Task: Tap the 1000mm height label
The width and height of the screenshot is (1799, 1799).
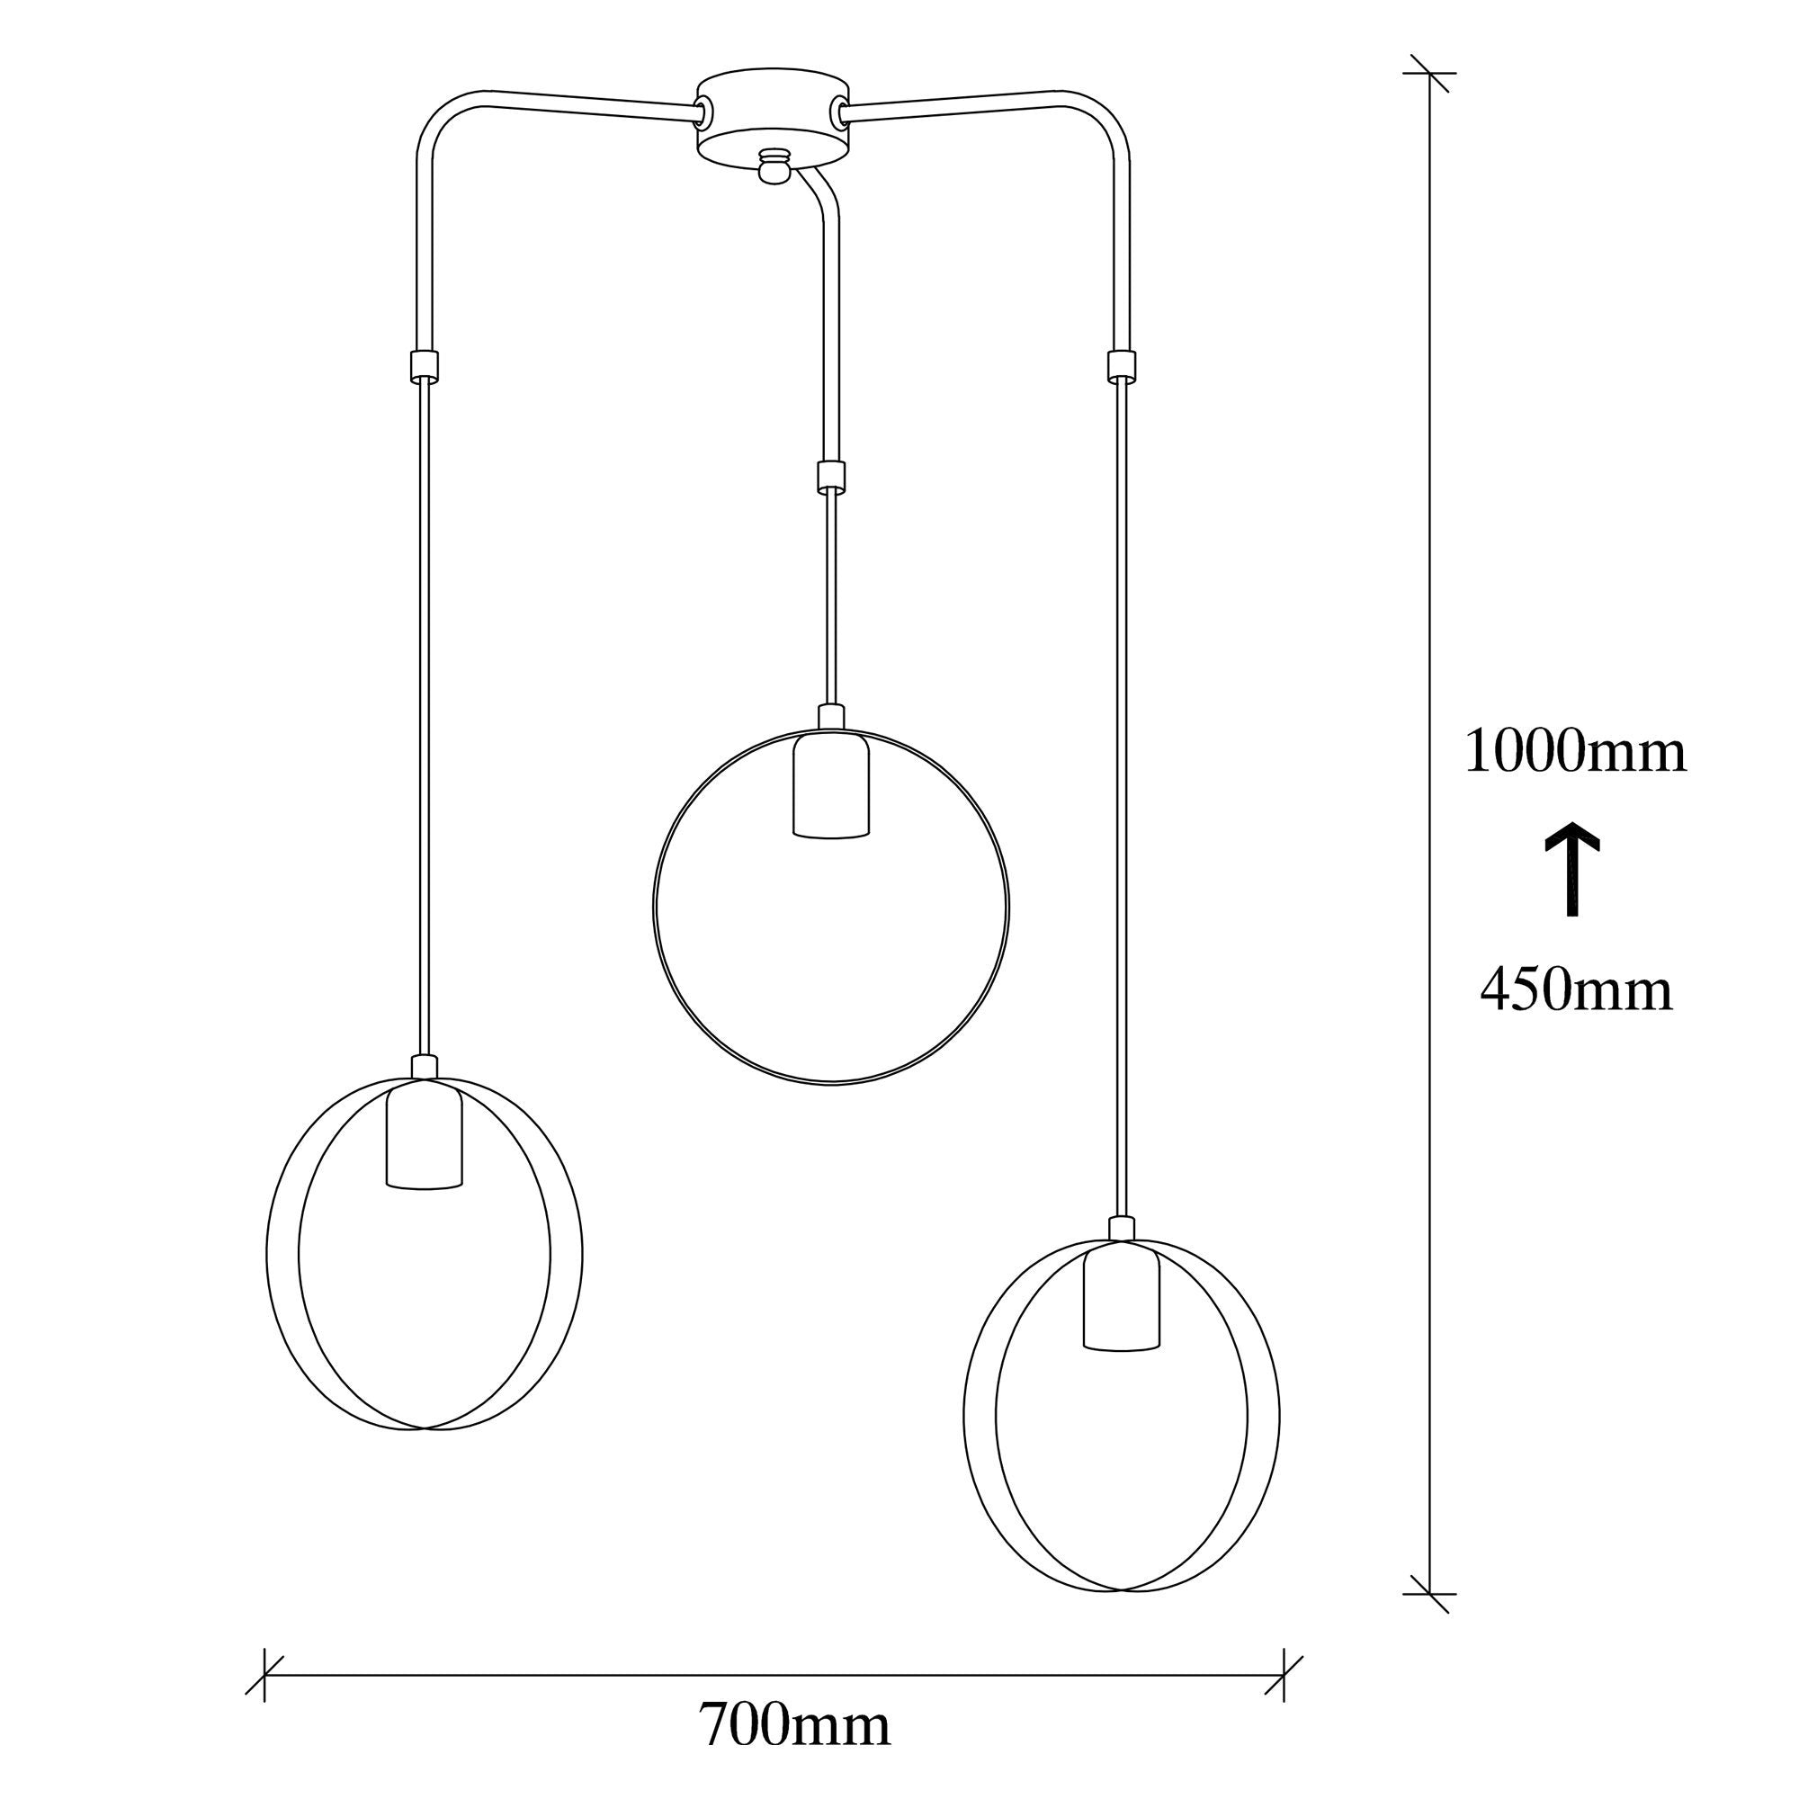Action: [x=1576, y=751]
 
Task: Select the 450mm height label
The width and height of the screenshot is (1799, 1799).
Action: [x=1577, y=989]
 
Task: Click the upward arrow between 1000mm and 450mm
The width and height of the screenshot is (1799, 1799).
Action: [x=1572, y=869]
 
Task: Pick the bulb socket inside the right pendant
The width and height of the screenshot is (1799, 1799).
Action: [x=1122, y=1293]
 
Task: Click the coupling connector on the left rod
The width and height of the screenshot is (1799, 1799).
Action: [x=423, y=365]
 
